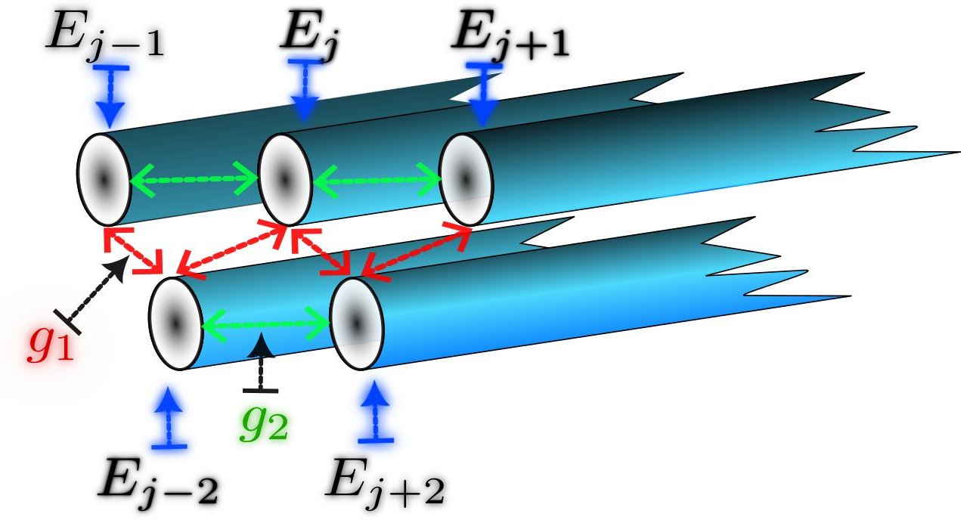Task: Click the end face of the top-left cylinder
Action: [104, 178]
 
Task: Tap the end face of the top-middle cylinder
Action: [285, 178]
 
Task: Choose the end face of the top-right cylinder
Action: [466, 178]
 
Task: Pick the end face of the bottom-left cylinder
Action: [175, 323]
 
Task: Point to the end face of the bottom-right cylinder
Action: [356, 323]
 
